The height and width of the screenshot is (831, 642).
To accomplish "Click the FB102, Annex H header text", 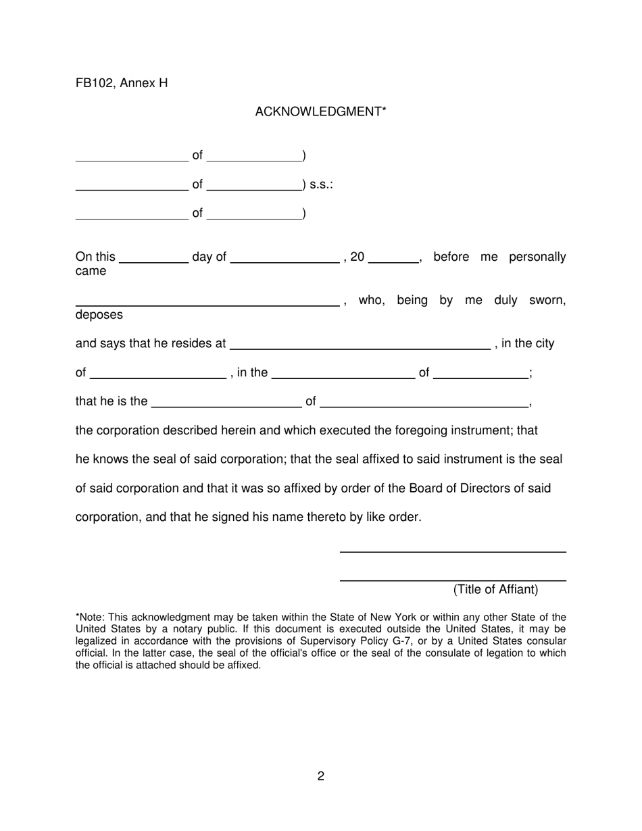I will pos(122,83).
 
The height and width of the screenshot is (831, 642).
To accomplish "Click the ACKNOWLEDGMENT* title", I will pos(320,112).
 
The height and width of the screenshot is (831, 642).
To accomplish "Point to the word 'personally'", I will pos(537,257).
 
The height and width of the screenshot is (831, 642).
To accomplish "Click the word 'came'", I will pos(91,272).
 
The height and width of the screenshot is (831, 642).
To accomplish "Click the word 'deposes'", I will pos(99,315).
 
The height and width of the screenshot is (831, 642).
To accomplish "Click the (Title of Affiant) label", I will pos(496,590).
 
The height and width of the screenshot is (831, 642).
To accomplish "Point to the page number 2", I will pos(320,776).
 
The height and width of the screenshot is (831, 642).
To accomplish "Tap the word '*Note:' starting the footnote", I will pos(91,617).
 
